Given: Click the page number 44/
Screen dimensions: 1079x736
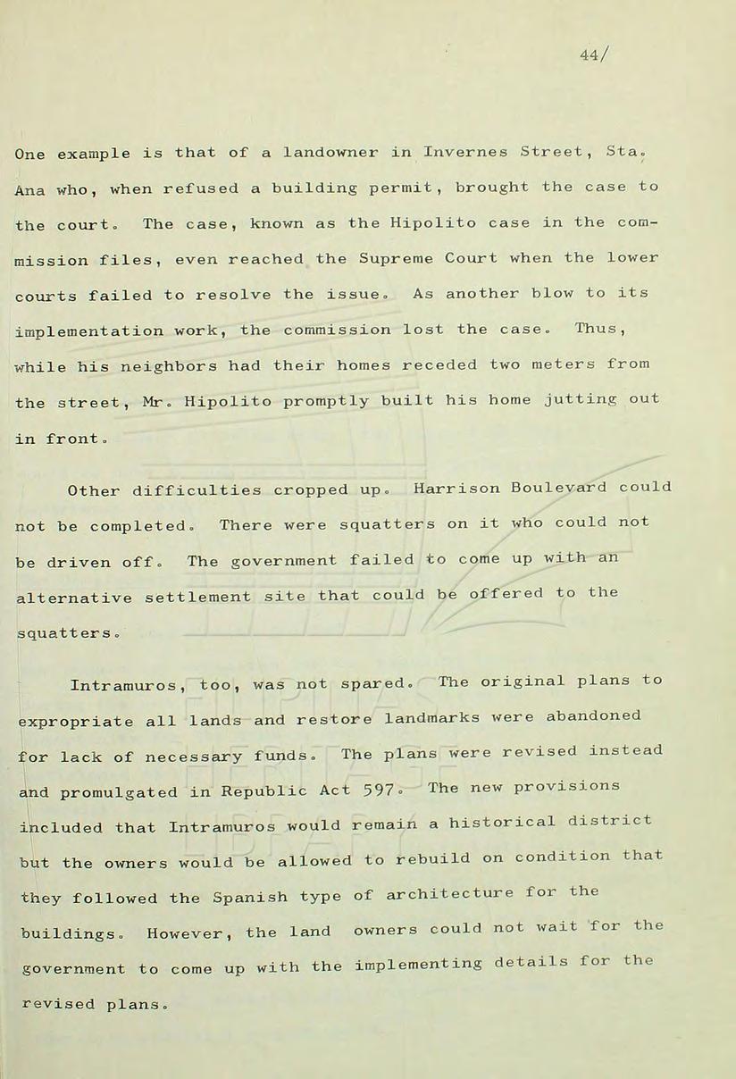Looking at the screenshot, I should click(594, 55).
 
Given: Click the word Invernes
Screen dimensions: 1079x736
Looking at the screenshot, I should click(465, 153).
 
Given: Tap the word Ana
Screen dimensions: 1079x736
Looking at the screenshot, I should click(31, 189).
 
